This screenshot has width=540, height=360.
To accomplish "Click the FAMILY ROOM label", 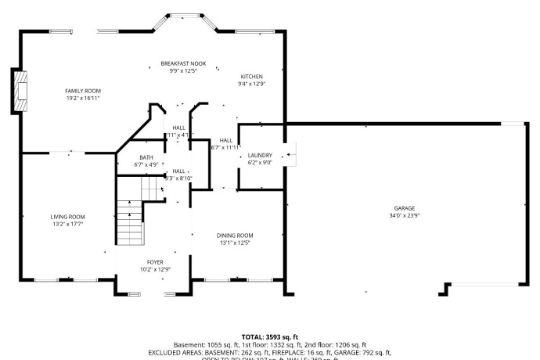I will tap(82, 91).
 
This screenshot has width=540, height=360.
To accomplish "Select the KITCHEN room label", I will tap(251, 77).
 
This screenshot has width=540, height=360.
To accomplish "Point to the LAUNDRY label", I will tap(259, 156).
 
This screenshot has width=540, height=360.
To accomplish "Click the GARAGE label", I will tap(404, 208).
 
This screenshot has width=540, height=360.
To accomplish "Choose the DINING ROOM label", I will tap(235, 235).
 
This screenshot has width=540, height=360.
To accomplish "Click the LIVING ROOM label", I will tap(67, 217).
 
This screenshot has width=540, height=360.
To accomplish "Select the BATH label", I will tap(146, 157).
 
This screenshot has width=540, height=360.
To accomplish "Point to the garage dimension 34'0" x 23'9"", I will tap(404, 216).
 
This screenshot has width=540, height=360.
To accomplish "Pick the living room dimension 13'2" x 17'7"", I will tap(67, 225).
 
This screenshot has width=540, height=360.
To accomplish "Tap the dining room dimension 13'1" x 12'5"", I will tap(235, 243).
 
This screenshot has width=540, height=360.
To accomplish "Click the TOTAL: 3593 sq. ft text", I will tap(270, 337).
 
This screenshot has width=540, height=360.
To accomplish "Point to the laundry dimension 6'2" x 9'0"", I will tap(259, 163).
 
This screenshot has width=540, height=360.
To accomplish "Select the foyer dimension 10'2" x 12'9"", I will tap(156, 269).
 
